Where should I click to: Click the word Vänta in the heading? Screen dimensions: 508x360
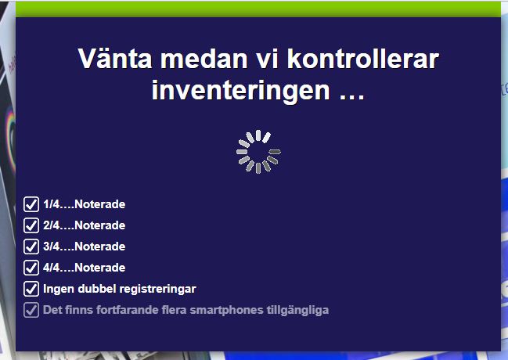coord(115,59)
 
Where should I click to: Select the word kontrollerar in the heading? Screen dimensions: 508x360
coord(363,59)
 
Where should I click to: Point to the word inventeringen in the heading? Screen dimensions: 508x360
coord(241,91)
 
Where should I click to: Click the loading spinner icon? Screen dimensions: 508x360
coord(258,152)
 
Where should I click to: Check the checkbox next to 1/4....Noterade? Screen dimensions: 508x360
coord(31,204)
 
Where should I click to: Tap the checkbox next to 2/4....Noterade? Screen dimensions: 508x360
coord(31,225)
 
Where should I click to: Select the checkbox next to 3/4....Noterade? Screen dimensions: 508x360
coord(31,247)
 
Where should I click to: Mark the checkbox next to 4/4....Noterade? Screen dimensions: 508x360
coord(31,268)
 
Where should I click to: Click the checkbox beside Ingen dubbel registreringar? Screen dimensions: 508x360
coord(31,289)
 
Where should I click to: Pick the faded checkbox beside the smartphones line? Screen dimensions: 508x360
coord(31,310)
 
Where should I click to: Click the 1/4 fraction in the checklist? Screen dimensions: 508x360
coord(51,204)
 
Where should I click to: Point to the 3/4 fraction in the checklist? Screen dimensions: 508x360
coord(51,247)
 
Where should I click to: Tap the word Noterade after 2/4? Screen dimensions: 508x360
coord(99,225)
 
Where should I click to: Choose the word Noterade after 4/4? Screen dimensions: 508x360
coord(99,268)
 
